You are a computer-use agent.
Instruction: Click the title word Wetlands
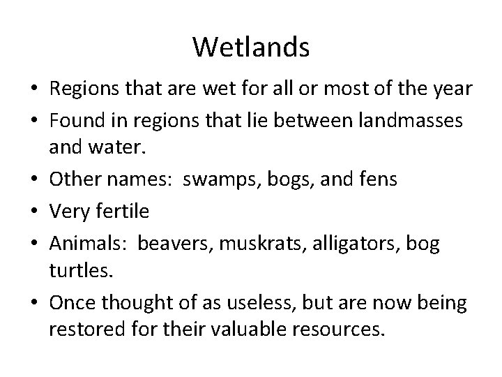(251, 47)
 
